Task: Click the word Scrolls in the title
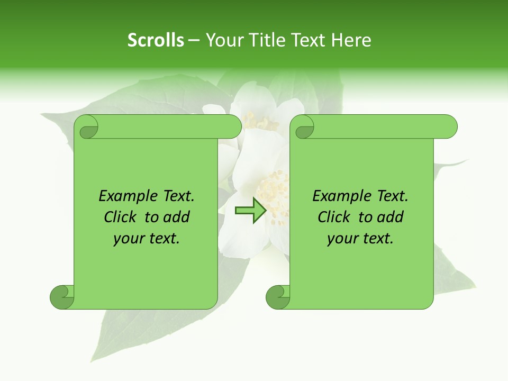156,40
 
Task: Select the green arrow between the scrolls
250,211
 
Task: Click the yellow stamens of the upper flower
259,123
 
